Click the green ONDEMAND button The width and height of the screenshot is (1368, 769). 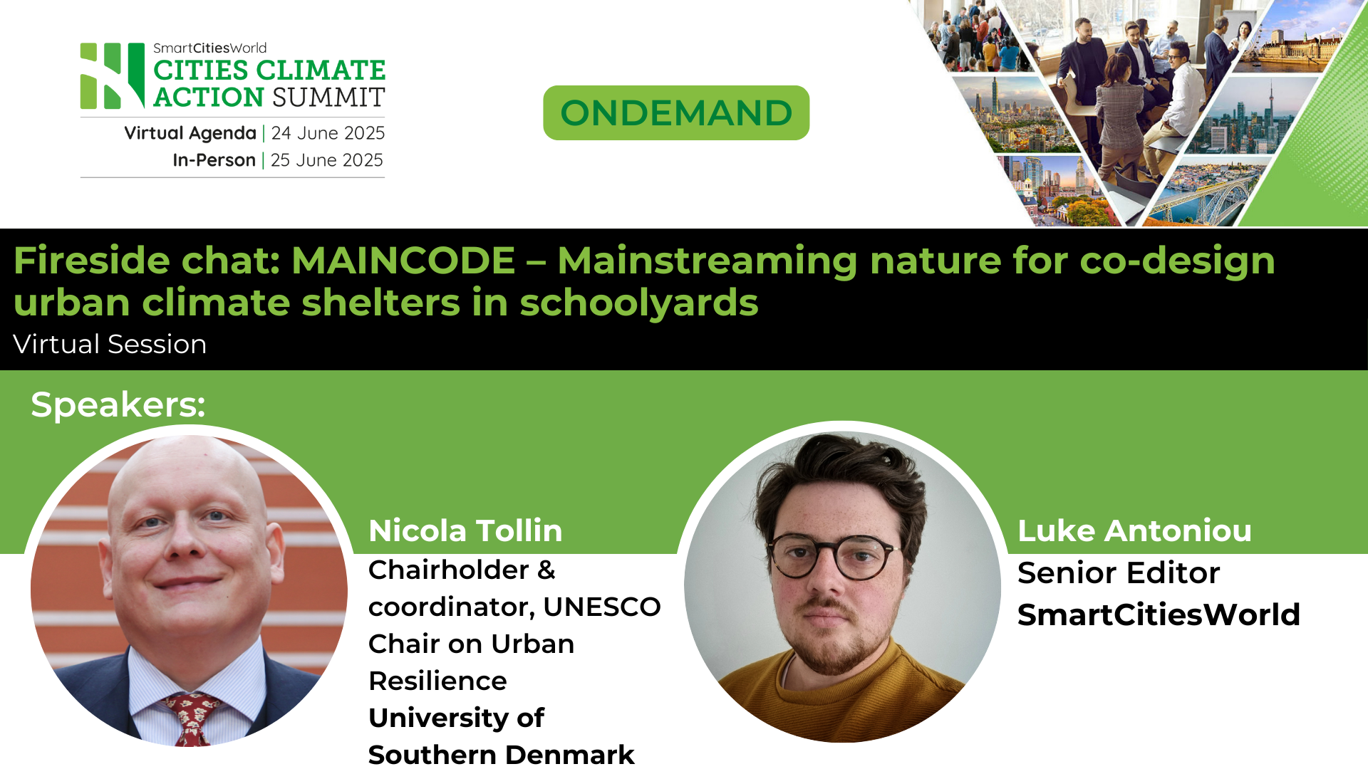676,113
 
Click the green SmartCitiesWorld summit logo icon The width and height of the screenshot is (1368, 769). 112,76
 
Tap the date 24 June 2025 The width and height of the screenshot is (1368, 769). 328,133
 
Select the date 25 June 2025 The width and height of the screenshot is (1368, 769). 326,160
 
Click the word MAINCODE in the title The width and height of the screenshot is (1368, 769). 403,260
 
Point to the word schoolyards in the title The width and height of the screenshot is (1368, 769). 639,302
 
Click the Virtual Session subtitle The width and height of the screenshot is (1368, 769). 110,344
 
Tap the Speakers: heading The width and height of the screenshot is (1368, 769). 118,404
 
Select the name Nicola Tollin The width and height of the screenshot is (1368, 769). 465,530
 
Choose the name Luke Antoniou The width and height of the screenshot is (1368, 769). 1134,530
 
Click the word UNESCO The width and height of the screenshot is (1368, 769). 602,607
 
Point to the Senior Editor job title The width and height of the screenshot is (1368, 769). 1119,572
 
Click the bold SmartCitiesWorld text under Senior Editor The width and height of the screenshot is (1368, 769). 1159,614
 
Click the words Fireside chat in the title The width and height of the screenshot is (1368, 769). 146,260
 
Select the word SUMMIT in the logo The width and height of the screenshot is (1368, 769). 328,97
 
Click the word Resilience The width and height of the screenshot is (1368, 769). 437,681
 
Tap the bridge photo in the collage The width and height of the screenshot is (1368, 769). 1204,196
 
